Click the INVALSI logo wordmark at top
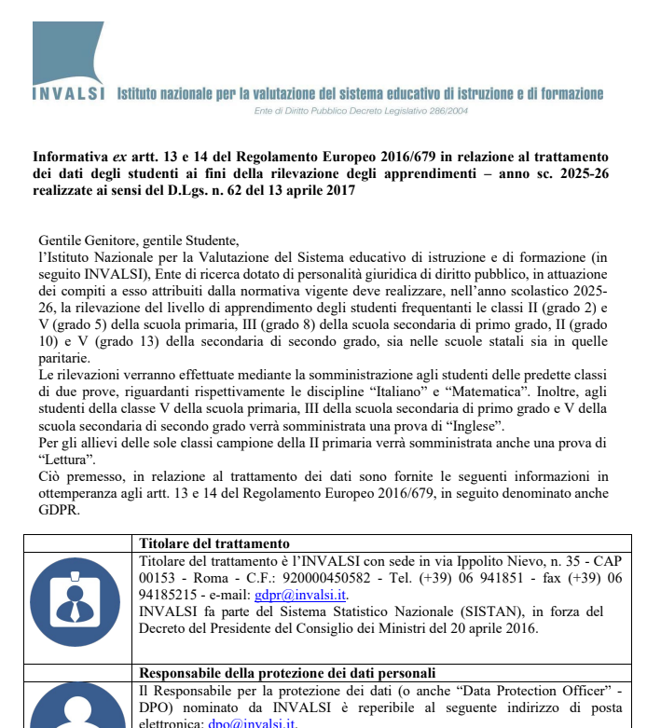click(x=68, y=93)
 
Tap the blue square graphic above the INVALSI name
click(x=68, y=52)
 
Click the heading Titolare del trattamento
click(x=213, y=543)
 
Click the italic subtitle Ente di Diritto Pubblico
click(x=361, y=111)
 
